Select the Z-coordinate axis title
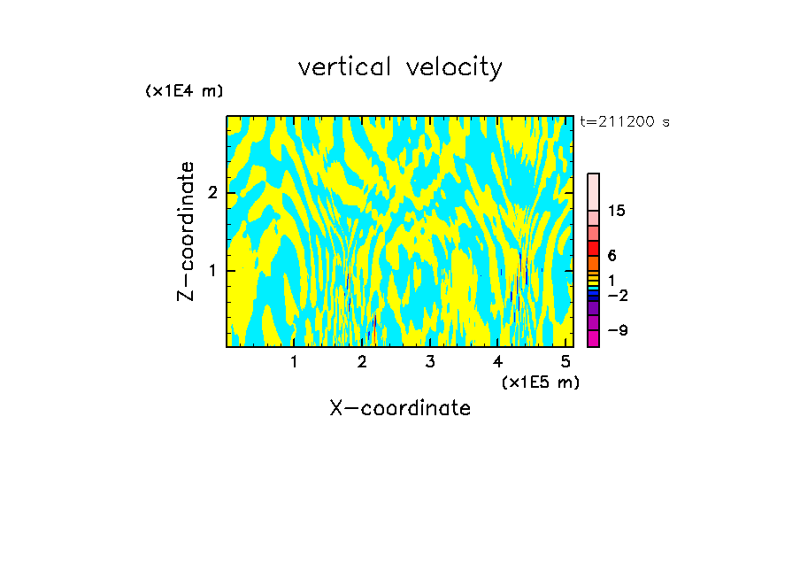point(186,231)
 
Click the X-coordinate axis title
point(400,408)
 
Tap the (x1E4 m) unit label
point(184,91)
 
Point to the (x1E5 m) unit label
point(540,382)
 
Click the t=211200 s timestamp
point(625,122)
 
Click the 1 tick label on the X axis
point(294,361)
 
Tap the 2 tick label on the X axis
point(362,361)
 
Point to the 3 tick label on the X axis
point(430,361)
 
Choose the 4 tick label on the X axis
point(498,361)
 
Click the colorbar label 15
point(617,211)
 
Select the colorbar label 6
point(612,256)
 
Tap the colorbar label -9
point(617,330)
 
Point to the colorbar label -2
point(617,295)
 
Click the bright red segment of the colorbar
point(593,249)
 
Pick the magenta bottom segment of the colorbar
point(593,338)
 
